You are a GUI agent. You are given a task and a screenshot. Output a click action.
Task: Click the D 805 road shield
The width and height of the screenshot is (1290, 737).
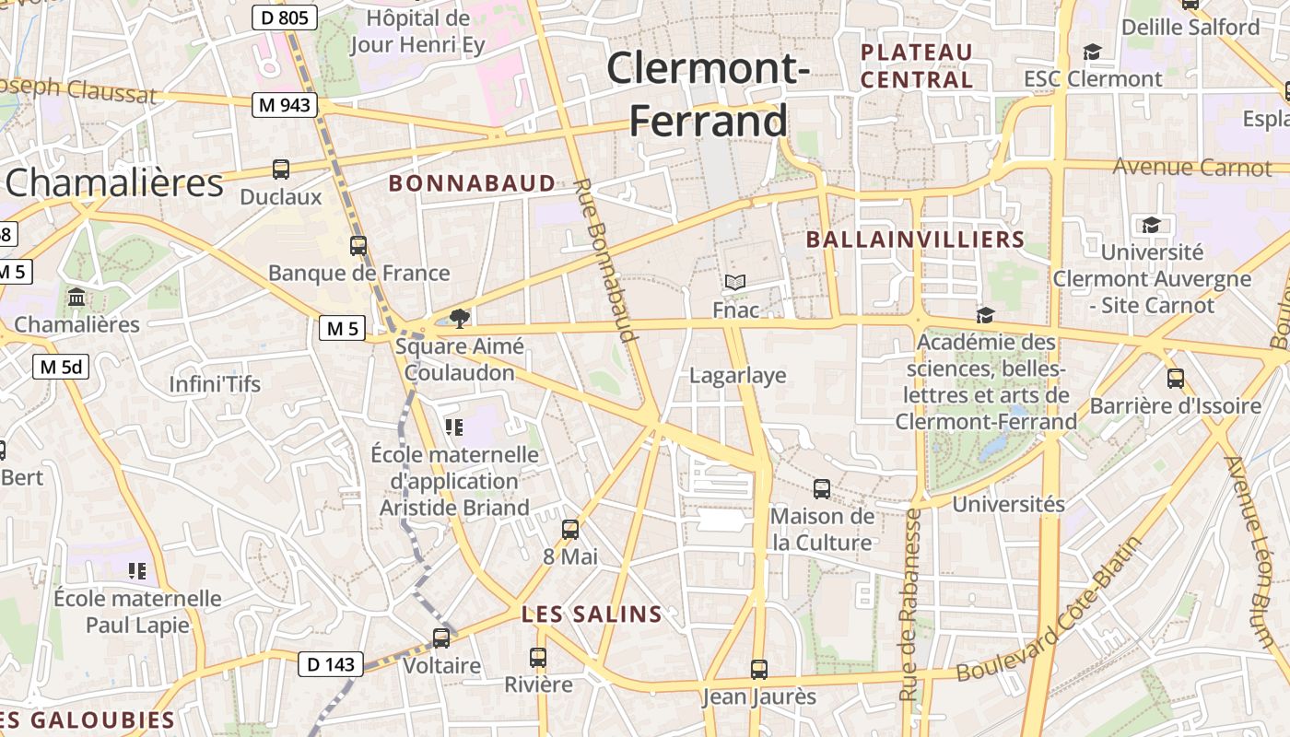[x=285, y=17]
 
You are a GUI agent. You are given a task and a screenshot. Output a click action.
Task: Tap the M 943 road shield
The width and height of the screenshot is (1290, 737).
[x=285, y=105]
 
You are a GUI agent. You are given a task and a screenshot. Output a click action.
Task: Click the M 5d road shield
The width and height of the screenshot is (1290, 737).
[x=62, y=367]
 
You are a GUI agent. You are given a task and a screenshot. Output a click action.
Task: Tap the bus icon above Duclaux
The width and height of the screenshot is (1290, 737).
[x=281, y=170]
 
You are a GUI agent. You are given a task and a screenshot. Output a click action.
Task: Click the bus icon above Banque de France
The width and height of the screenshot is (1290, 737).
[x=358, y=246]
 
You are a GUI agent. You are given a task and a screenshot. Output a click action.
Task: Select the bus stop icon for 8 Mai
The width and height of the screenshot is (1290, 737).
[x=570, y=530]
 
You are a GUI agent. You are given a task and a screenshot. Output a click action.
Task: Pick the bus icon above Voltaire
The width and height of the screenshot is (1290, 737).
[x=441, y=638]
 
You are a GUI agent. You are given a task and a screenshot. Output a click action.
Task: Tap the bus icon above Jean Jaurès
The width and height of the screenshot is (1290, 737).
[x=758, y=669]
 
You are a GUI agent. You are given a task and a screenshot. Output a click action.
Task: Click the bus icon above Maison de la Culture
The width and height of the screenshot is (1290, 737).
[x=822, y=489]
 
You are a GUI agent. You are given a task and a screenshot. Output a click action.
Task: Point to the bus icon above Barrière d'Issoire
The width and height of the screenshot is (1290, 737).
[x=1175, y=378]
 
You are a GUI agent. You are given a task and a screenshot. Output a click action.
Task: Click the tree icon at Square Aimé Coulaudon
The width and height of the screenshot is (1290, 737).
[x=459, y=319]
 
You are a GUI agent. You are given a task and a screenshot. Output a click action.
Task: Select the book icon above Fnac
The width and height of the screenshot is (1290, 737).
[x=734, y=282]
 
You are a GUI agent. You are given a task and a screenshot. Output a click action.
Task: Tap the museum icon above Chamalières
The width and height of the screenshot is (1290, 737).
[x=76, y=298]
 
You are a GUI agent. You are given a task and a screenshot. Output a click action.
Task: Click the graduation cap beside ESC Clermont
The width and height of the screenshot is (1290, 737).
[x=1092, y=52]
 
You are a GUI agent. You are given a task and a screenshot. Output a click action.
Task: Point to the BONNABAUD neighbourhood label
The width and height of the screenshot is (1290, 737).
[x=472, y=183]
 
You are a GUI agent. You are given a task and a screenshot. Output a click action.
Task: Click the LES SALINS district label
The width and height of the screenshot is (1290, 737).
[x=592, y=614]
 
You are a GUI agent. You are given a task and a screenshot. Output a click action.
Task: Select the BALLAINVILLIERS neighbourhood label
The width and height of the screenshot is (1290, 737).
[x=915, y=240]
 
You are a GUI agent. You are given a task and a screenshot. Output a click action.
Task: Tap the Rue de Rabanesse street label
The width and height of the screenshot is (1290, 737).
[x=910, y=604]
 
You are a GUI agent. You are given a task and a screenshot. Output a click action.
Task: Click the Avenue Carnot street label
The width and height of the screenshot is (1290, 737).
[x=1191, y=168]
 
